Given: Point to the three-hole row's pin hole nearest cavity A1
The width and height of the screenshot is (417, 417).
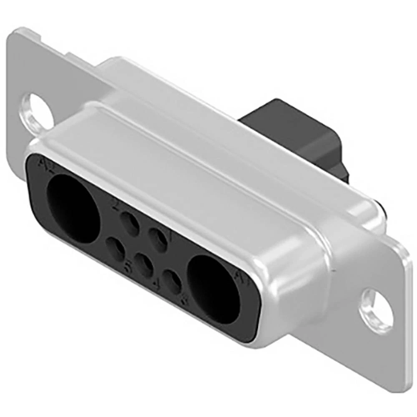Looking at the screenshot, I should pos(172,282).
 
